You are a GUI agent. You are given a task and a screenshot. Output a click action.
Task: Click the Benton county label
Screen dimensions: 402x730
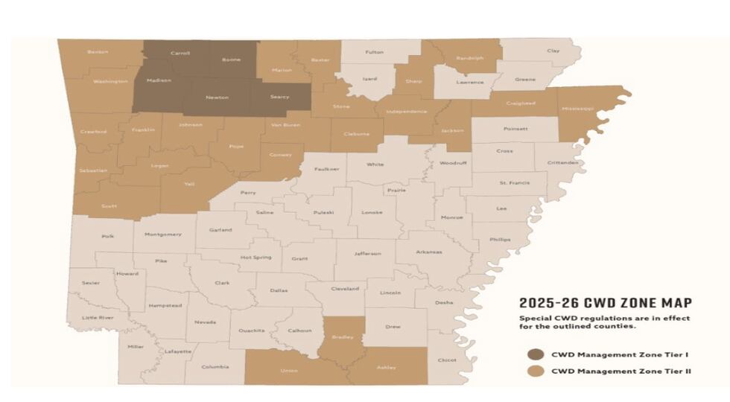98,52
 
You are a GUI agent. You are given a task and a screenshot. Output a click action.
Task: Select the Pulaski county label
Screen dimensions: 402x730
323,212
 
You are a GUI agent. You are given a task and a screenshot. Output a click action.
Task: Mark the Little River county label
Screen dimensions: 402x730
97,318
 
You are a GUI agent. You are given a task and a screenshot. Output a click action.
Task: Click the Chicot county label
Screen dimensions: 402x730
447,360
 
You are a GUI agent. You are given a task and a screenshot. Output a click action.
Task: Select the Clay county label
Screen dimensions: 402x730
553,51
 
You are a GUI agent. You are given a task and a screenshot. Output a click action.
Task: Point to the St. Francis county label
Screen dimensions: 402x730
514,182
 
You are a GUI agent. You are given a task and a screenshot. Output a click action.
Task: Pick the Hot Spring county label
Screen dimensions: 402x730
256,258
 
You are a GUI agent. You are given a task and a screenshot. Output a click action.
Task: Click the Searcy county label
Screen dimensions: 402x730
280,98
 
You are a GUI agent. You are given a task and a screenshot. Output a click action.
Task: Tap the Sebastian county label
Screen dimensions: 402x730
93,170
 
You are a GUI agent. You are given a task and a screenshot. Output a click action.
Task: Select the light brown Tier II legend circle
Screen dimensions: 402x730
536,370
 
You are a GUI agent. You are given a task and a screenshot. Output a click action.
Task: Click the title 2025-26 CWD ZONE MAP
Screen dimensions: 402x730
605,303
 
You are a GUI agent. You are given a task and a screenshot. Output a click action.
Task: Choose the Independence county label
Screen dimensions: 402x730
407,112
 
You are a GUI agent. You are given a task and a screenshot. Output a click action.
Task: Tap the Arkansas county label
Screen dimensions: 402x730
429,252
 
